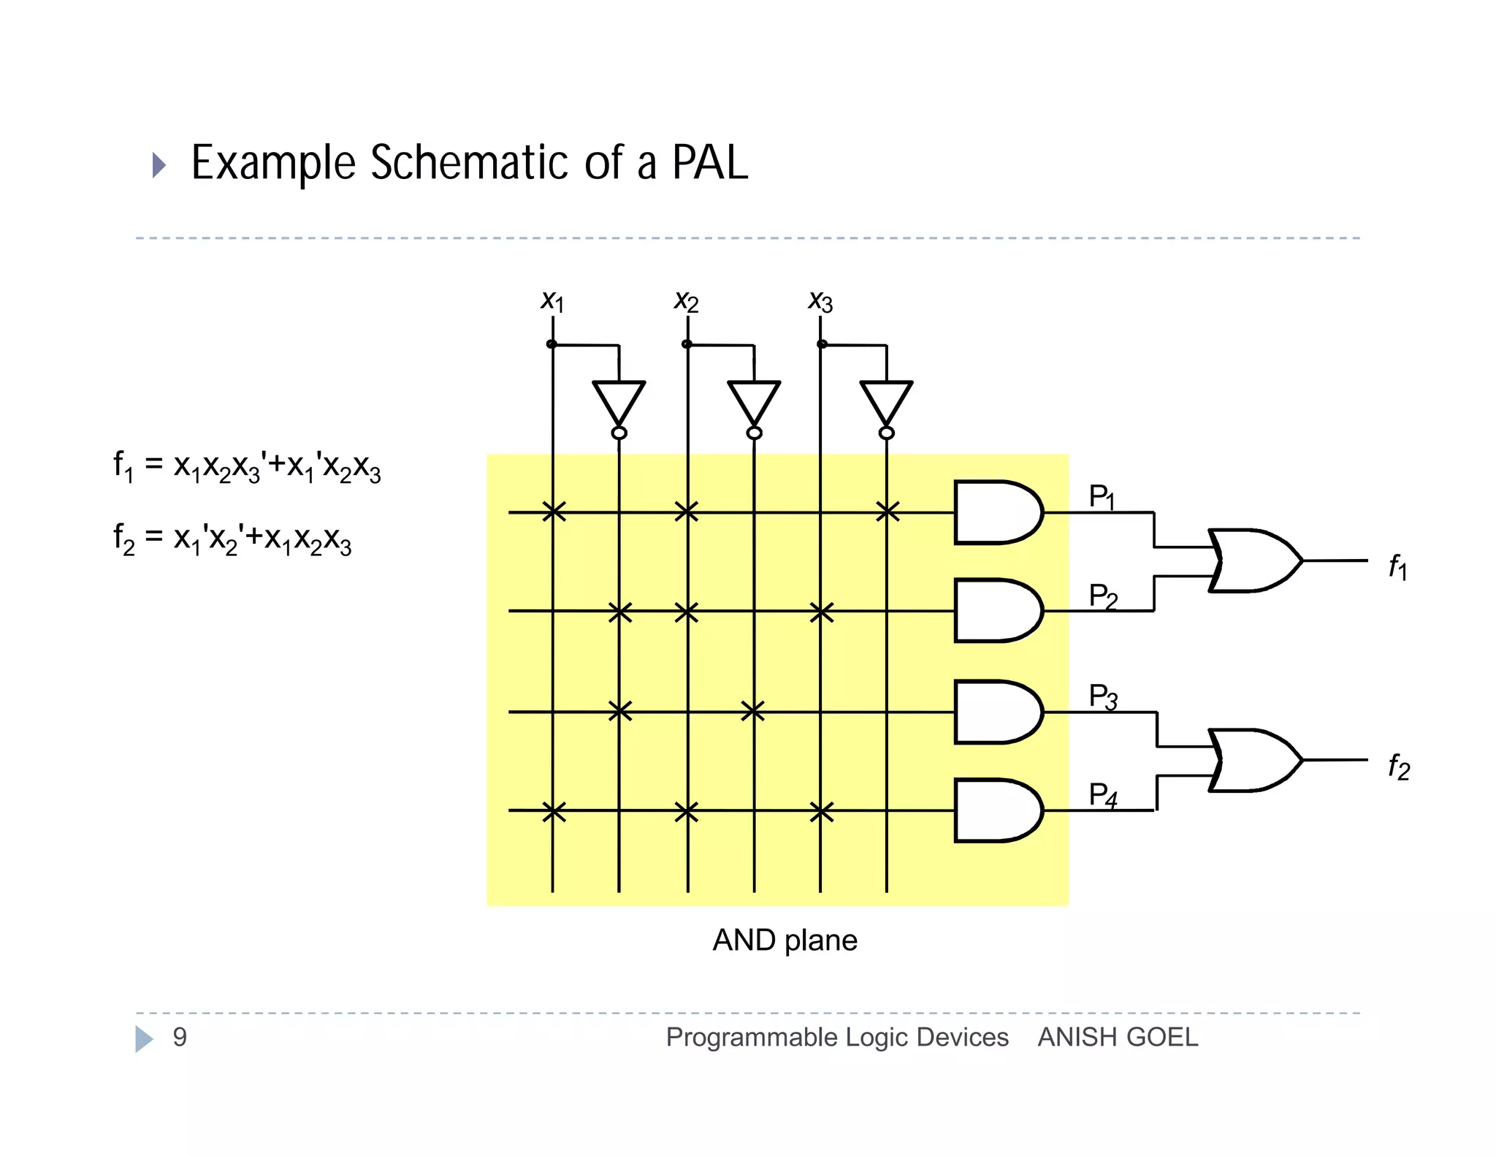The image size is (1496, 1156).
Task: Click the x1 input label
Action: click(x=552, y=300)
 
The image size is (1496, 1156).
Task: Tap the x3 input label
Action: click(x=820, y=300)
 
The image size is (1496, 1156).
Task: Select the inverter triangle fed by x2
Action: click(x=754, y=400)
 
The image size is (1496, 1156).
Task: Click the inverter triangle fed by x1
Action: click(x=619, y=400)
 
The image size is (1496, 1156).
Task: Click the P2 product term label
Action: click(x=1103, y=596)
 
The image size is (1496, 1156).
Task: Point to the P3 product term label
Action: click(x=1103, y=696)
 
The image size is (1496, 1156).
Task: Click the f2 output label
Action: click(x=1398, y=767)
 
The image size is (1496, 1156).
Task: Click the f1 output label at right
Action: click(x=1397, y=566)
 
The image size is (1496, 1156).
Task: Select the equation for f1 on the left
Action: click(x=247, y=466)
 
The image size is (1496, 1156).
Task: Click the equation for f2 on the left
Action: click(x=232, y=539)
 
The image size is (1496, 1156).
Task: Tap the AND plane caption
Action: click(x=785, y=940)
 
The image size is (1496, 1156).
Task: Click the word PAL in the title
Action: click(x=709, y=162)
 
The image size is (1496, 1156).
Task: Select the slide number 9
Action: click(x=180, y=1037)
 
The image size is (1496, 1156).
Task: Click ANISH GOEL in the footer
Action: click(x=1118, y=1037)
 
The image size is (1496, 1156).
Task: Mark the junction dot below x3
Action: click(x=822, y=343)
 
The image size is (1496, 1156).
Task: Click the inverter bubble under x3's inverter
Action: click(x=886, y=433)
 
